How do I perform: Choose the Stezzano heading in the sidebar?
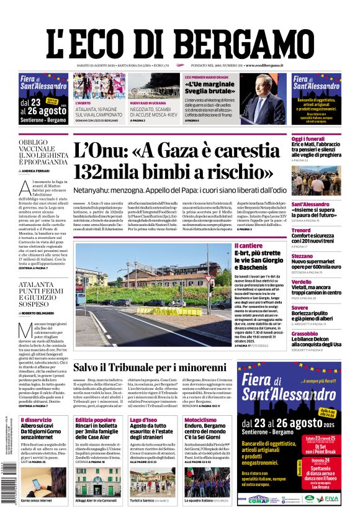coord(302,256)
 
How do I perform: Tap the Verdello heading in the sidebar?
coord(302,281)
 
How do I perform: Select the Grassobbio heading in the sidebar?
coord(305,333)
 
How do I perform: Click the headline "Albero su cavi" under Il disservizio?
coord(37,427)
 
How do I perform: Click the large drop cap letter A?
coord(25,189)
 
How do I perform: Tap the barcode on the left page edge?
coord(9,497)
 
